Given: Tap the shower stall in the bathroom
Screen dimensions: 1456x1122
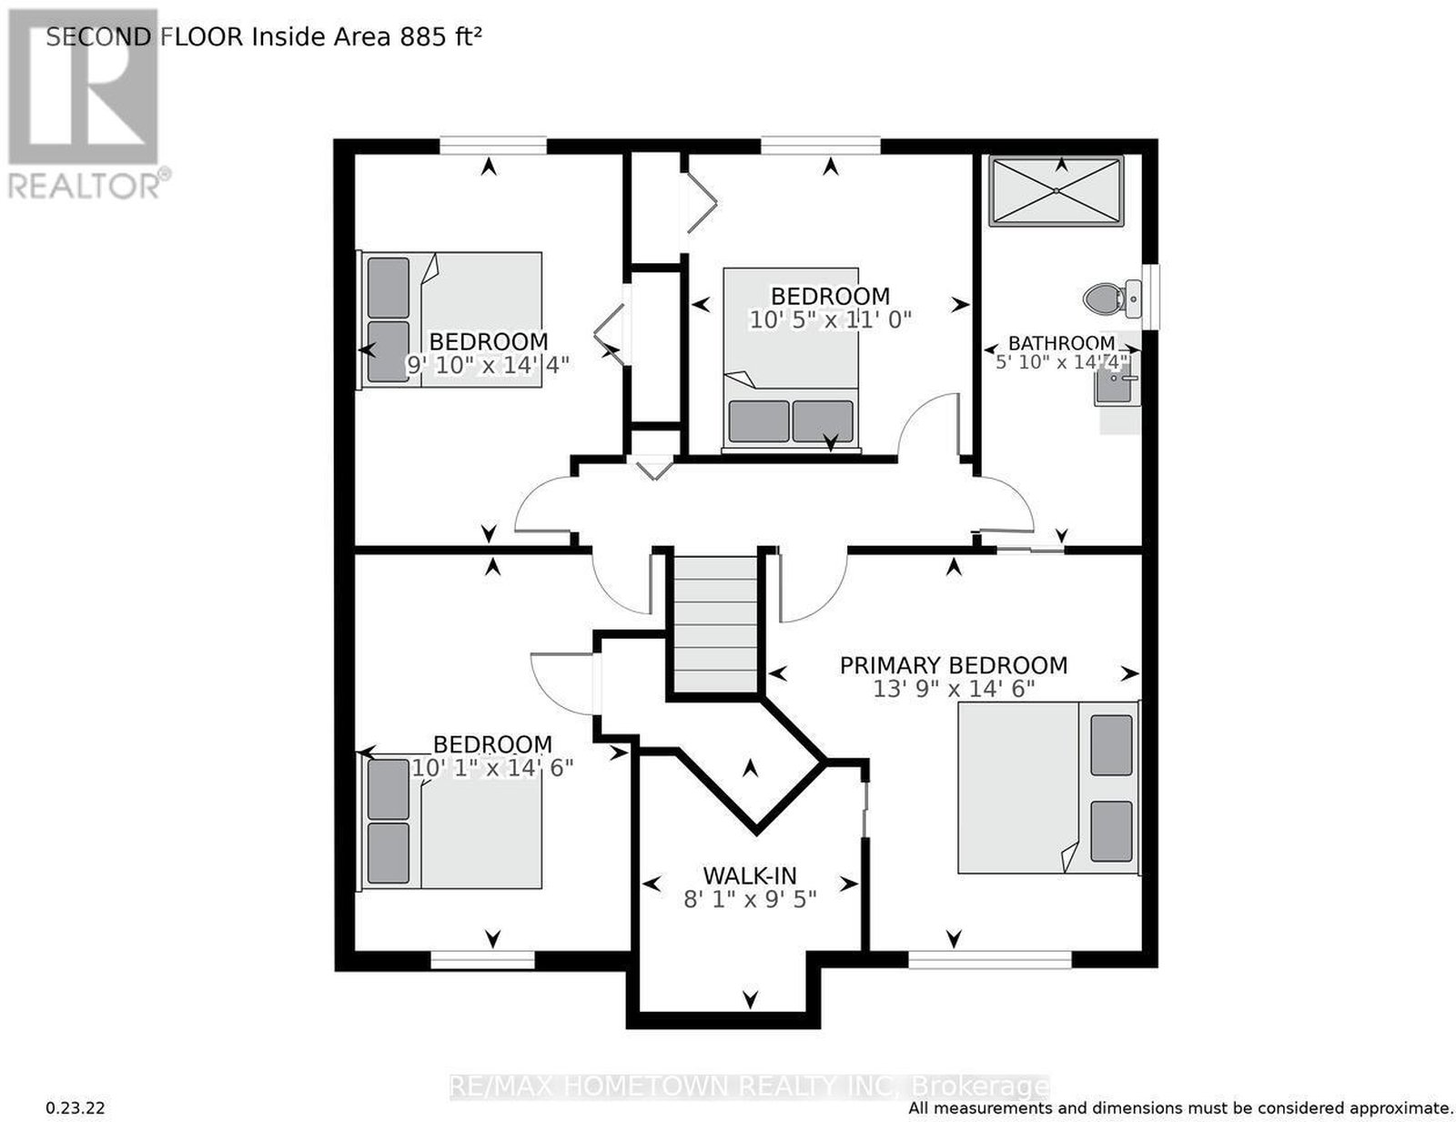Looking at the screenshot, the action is click(1056, 191).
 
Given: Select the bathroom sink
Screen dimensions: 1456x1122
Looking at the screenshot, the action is click(1117, 387).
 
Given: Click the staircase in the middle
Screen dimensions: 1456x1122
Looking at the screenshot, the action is click(715, 624).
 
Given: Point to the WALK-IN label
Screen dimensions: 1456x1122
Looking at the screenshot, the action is click(750, 874).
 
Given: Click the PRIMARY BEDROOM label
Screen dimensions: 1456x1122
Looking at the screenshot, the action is click(954, 665).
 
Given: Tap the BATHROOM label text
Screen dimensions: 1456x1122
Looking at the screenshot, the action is click(1061, 343).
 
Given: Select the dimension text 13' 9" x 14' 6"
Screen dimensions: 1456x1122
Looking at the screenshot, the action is click(955, 688).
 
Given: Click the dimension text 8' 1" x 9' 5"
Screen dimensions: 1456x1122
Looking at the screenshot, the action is click(750, 899).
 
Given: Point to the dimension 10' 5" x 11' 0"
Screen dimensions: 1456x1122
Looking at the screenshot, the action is click(830, 319).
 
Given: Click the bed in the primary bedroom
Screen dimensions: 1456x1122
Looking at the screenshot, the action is click(1048, 787).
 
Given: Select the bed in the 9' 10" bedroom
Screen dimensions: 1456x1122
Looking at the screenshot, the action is click(450, 319).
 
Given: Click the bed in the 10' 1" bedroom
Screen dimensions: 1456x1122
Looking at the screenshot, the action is click(450, 821).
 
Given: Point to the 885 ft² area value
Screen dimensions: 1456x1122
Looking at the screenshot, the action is click(440, 36).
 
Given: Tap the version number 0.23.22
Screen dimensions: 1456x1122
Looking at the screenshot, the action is click(75, 1108).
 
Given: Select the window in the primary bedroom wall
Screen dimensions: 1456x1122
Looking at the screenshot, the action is click(990, 960).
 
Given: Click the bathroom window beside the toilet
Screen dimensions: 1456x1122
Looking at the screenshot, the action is click(1150, 297).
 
